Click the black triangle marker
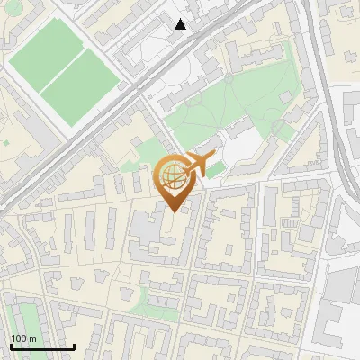click(181, 24)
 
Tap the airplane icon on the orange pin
click(193, 165)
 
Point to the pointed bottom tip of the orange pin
click(173, 211)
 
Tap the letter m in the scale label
click(33, 338)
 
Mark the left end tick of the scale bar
click(11, 346)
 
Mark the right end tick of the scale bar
click(74, 346)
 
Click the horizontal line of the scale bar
click(42, 347)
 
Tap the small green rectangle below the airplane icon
click(216, 169)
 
